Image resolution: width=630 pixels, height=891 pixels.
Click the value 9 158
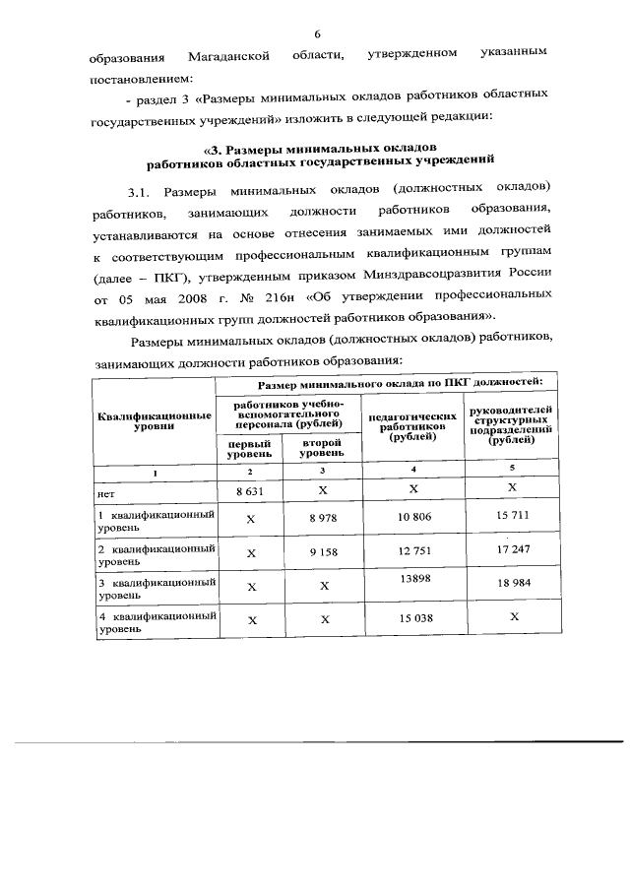point(323,552)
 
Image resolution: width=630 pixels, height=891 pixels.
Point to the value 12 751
point(413,552)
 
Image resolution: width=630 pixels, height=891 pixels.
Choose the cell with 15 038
point(413,619)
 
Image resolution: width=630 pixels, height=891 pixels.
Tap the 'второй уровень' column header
point(322,449)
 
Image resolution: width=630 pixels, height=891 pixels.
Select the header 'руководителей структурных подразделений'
point(512,424)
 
